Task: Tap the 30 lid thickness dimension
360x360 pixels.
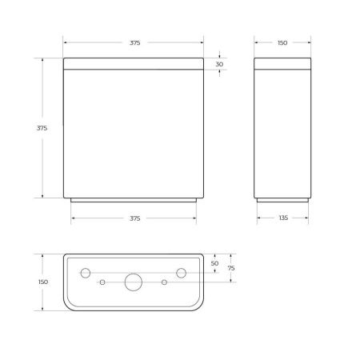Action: pyautogui.click(x=220, y=64)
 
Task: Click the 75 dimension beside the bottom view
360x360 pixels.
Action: pyautogui.click(x=231, y=269)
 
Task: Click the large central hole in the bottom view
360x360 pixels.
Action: pyautogui.click(x=133, y=282)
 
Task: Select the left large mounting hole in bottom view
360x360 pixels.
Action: pyautogui.click(x=85, y=273)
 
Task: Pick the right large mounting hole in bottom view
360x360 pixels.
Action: pyautogui.click(x=182, y=273)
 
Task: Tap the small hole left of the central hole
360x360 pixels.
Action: pyautogui.click(x=102, y=282)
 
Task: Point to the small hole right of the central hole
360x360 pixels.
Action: pyautogui.click(x=164, y=282)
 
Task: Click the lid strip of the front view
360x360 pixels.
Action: pyautogui.click(x=134, y=63)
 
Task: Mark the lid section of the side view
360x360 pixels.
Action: pyautogui.click(x=282, y=63)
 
